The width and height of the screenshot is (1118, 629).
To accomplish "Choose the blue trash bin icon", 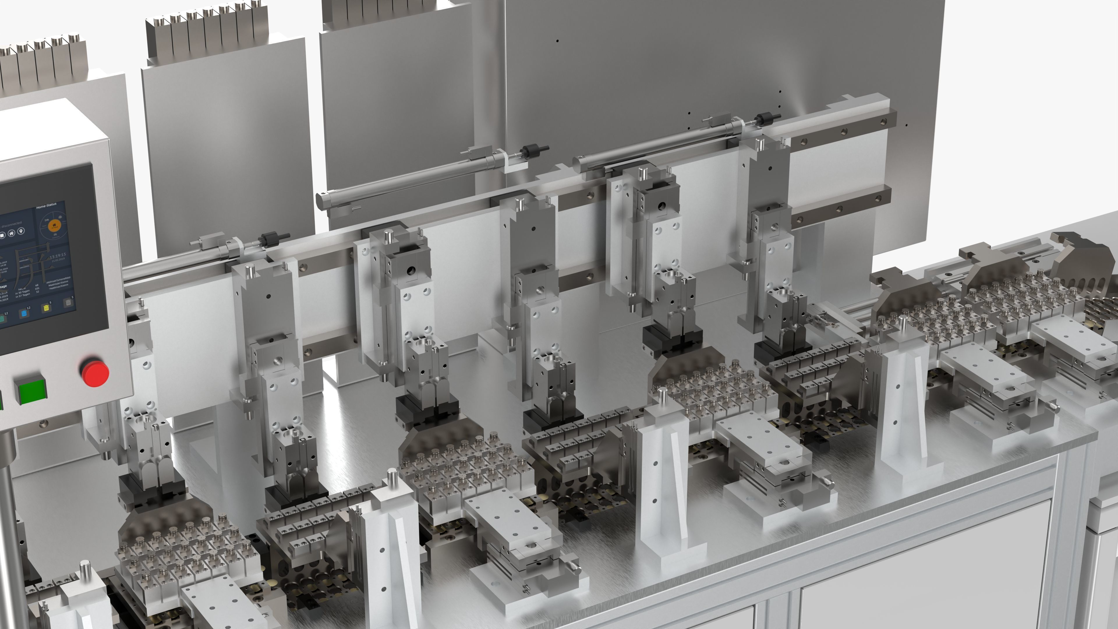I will click(x=24, y=313).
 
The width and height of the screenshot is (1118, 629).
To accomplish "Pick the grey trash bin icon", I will click(x=68, y=302).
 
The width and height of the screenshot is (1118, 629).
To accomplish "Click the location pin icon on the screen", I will click(x=21, y=231).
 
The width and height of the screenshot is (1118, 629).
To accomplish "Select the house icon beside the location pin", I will click(x=11, y=233).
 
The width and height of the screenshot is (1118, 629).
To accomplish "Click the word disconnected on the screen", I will click(x=12, y=225).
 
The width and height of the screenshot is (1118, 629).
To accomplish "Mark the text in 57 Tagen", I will click(x=23, y=295).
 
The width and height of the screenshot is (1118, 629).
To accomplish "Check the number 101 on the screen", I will click(x=37, y=288).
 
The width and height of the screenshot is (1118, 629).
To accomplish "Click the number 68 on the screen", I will click(x=37, y=285).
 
